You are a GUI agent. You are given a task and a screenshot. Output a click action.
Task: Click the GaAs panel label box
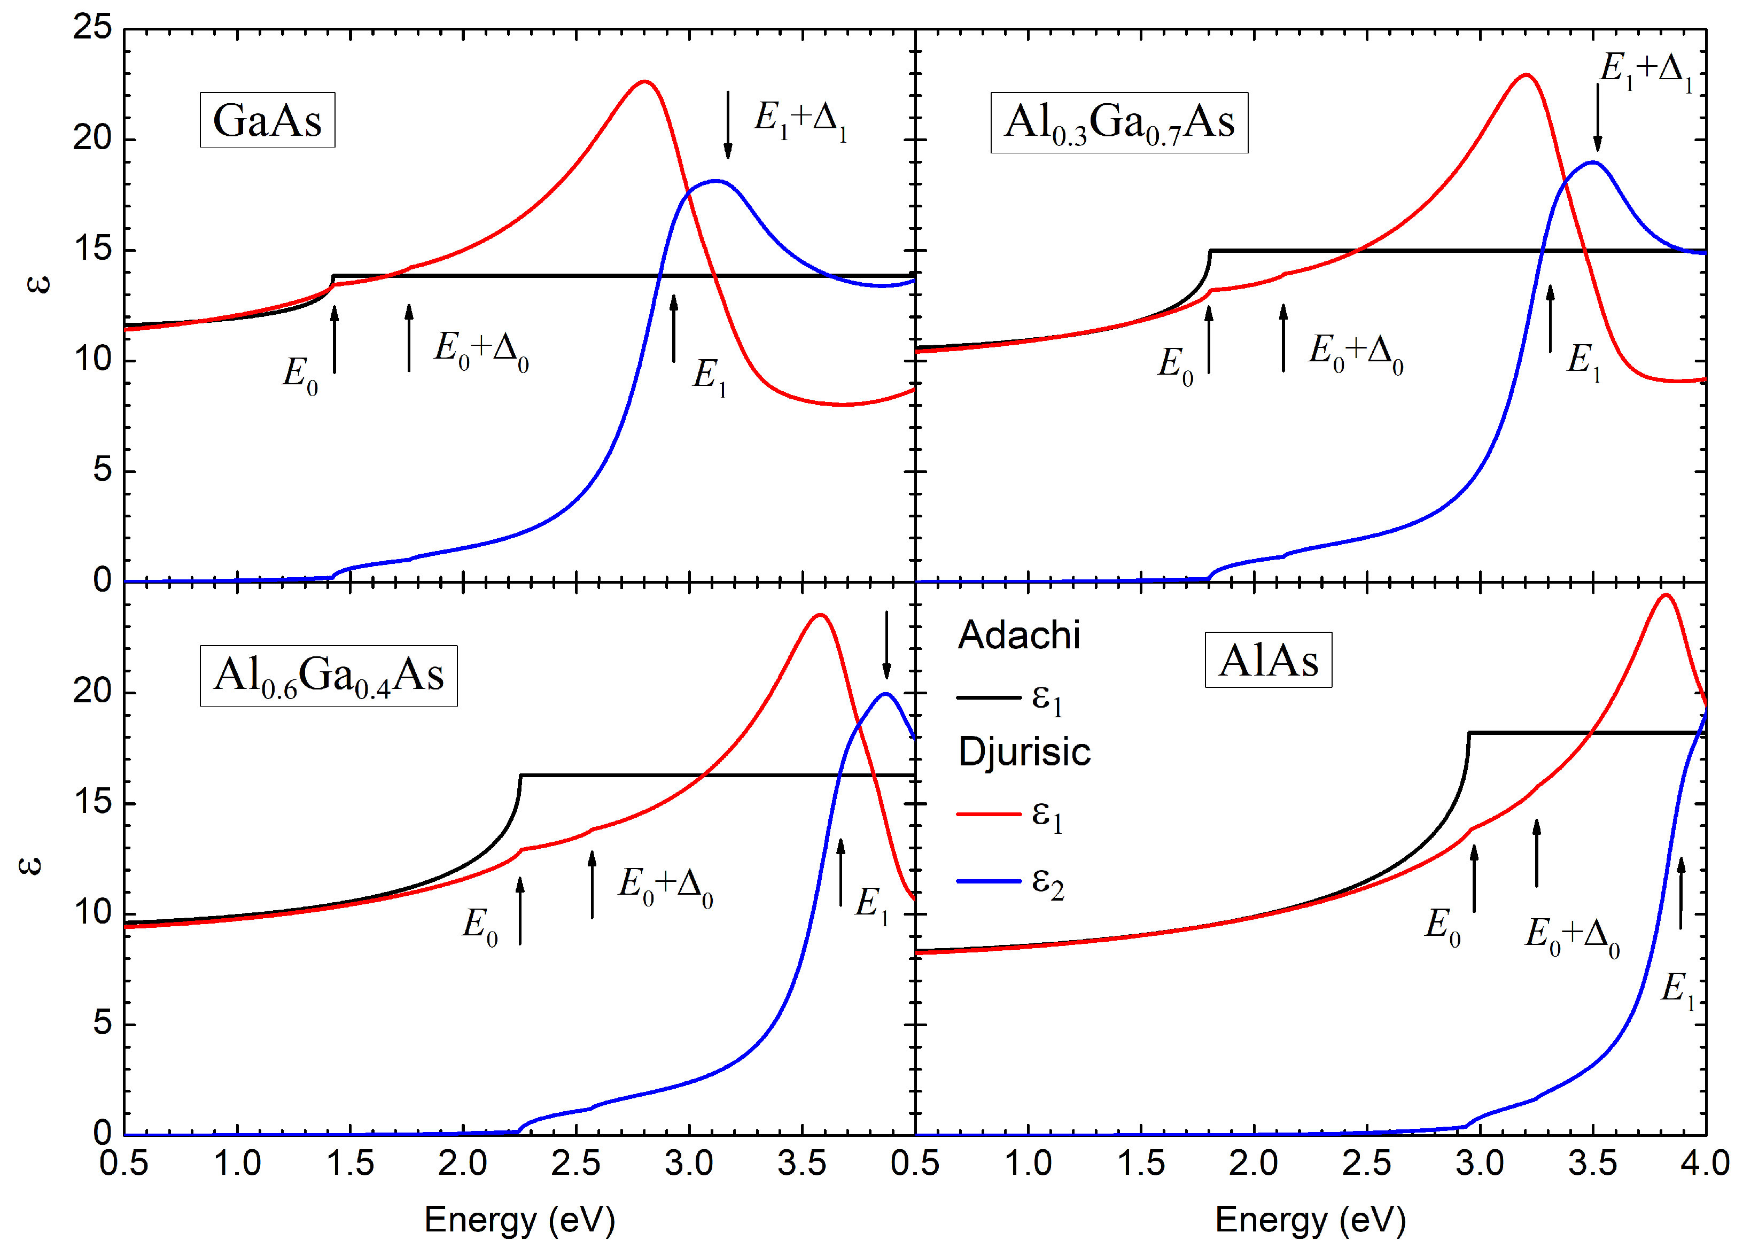(267, 120)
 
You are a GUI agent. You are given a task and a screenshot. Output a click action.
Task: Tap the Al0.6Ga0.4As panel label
(328, 676)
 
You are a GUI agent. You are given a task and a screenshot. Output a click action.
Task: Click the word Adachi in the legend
(1018, 635)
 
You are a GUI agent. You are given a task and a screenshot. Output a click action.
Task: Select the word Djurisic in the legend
(1023, 751)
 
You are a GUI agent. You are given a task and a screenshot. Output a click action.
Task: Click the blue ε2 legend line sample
(988, 881)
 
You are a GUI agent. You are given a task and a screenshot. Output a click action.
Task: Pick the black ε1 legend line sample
(988, 697)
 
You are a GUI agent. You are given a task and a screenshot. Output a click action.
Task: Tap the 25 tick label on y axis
(92, 28)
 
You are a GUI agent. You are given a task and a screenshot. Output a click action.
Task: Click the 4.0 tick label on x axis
(1704, 1162)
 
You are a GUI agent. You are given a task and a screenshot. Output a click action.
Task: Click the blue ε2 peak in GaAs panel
(715, 181)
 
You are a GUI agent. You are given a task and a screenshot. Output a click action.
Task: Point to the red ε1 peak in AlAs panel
(1664, 595)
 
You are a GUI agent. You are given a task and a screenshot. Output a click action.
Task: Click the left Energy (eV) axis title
(519, 1219)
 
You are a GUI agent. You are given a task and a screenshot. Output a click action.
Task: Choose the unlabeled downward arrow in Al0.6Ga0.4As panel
(886, 644)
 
